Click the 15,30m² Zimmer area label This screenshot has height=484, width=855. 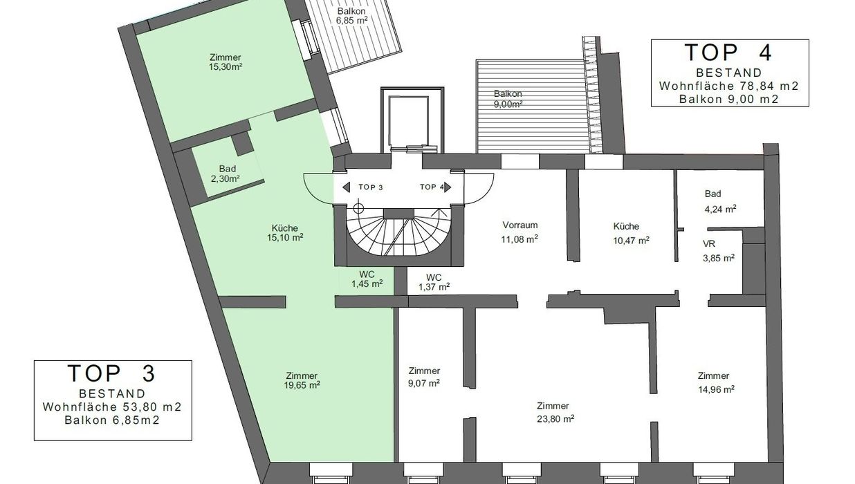click(x=226, y=62)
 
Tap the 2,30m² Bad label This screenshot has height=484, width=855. click(x=226, y=174)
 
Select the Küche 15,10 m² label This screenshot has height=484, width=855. click(x=285, y=232)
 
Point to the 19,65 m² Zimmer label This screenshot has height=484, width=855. click(x=302, y=380)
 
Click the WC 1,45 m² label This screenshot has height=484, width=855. click(x=367, y=279)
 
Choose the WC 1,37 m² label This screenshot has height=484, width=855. click(x=434, y=282)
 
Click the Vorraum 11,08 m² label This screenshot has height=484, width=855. click(x=520, y=232)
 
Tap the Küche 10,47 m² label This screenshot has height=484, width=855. click(x=631, y=233)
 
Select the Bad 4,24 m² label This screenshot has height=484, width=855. click(x=720, y=201)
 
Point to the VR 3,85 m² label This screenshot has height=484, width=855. click(x=718, y=251)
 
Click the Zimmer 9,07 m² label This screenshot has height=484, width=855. click(x=424, y=377)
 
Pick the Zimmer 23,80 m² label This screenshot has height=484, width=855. click(x=555, y=412)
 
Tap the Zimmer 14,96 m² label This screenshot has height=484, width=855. click(x=716, y=382)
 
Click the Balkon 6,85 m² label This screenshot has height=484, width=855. click(x=351, y=16)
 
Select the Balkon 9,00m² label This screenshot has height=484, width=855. click(x=508, y=99)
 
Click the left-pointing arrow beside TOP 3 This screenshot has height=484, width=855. click(x=346, y=187)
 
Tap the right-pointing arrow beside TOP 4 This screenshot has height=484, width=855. click(x=448, y=187)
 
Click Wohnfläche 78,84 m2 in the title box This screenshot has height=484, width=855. click(x=729, y=86)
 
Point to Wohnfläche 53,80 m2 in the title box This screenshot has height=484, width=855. click(x=112, y=407)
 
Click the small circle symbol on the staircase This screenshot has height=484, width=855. click(x=358, y=208)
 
